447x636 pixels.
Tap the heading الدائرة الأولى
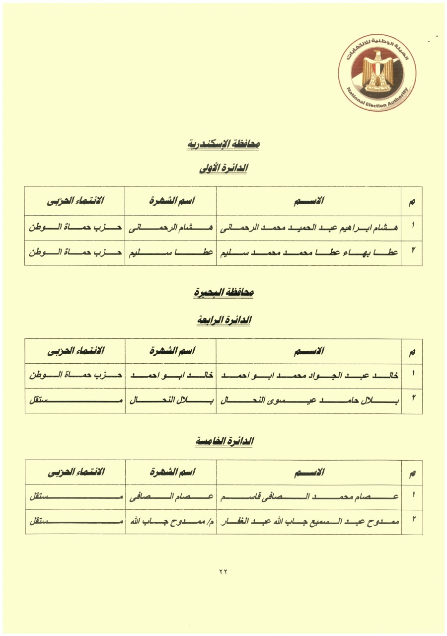223,169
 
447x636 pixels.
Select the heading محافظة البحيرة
224,293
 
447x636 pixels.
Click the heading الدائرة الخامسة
223,441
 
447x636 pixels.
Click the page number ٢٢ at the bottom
223,571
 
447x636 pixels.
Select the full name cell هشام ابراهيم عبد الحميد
308,227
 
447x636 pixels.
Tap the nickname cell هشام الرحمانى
170,227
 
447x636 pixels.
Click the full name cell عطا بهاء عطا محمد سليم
308,252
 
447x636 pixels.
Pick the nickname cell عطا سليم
170,252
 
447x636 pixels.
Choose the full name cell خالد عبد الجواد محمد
308,376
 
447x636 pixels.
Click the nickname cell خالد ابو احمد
170,376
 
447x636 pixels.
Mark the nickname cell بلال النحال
170,401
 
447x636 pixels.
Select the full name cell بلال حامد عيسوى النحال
308,401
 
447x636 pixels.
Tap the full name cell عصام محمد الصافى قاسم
308,497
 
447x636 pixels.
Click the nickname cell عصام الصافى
170,497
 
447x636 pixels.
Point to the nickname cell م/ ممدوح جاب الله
170,522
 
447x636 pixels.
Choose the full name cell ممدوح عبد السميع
308,522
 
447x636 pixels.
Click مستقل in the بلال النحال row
75,401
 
